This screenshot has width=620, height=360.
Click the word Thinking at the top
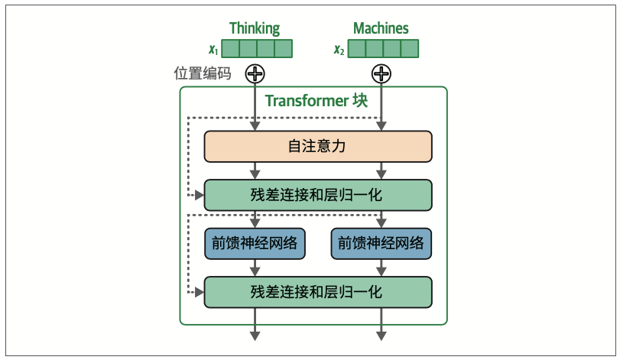tap(255, 28)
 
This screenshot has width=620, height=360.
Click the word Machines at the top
tap(381, 28)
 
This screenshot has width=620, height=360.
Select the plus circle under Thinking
tap(255, 73)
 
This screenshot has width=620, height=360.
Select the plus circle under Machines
tap(381, 73)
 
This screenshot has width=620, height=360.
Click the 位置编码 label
tap(203, 74)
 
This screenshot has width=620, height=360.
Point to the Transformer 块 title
tap(316, 101)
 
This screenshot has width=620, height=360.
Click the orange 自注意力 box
tap(317, 146)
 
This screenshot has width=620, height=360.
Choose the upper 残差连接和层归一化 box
tap(317, 195)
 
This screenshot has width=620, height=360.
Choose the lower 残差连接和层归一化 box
tap(317, 291)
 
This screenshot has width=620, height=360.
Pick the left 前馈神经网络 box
tap(255, 243)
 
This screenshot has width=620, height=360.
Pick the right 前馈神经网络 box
tap(381, 243)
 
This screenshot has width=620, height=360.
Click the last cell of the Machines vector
tap(411, 50)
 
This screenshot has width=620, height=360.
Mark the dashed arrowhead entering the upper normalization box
tap(200, 196)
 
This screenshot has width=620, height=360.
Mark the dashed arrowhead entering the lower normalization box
tap(200, 292)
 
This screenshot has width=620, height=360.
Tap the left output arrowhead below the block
tap(255, 336)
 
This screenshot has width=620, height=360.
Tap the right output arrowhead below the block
tap(381, 336)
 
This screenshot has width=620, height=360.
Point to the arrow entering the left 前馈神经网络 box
tap(255, 222)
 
